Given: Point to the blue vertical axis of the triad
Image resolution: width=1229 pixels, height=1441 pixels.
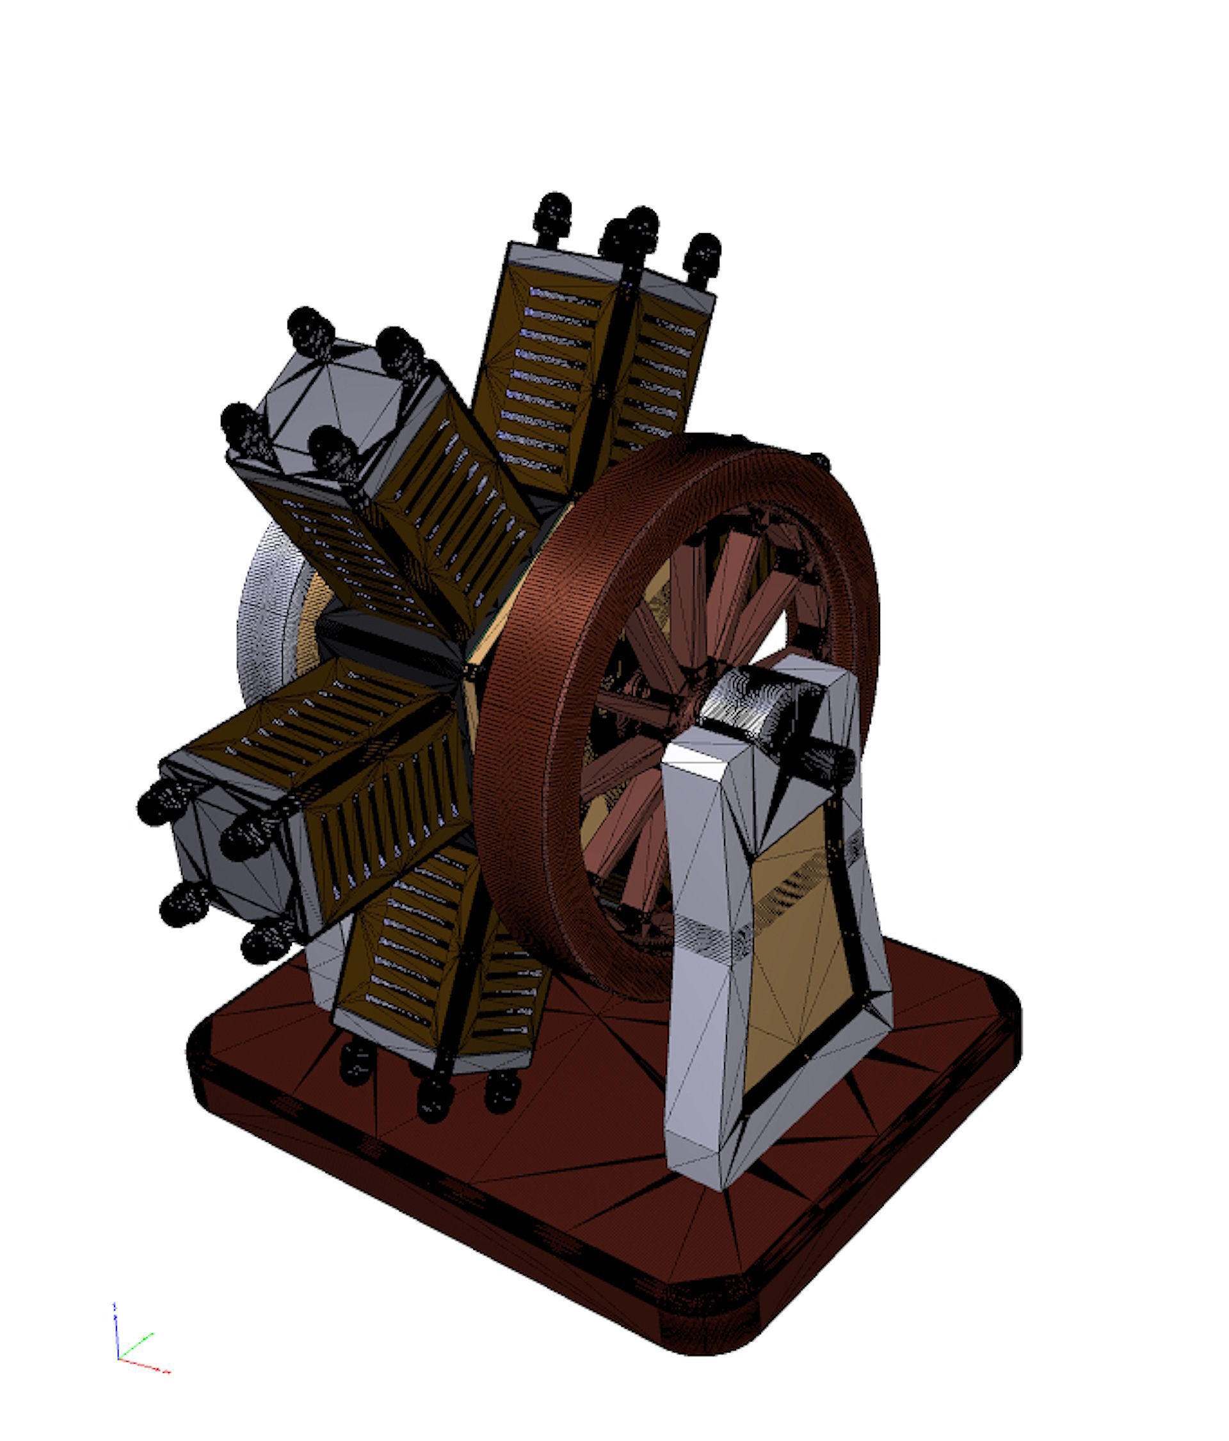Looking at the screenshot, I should click(116, 1328).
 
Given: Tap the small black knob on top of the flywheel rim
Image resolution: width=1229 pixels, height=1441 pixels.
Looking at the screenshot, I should click(820, 460).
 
